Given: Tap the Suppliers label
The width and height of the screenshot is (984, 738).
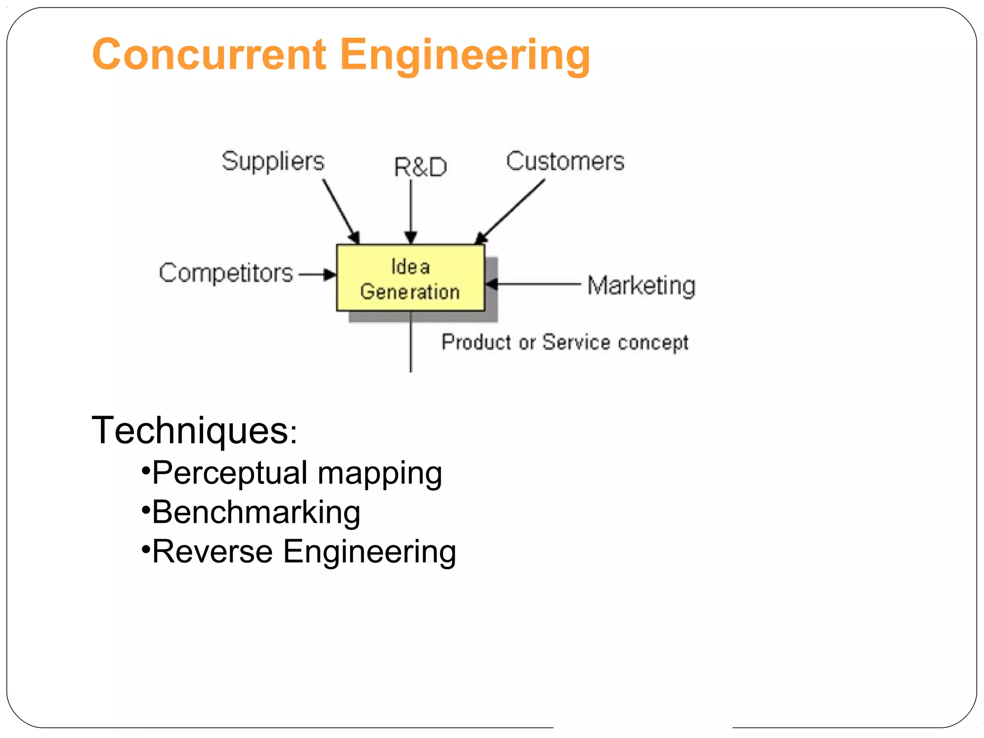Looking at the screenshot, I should [273, 161].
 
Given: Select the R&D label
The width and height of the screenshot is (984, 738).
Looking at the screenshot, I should [420, 167].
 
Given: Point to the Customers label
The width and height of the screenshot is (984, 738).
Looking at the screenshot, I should [565, 161].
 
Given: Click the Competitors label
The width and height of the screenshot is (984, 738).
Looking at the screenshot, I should [226, 273].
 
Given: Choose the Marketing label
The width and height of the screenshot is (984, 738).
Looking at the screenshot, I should [641, 285].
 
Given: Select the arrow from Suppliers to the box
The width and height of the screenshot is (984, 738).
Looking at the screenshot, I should [341, 211].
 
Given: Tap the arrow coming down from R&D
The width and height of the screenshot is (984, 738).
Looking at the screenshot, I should [410, 211].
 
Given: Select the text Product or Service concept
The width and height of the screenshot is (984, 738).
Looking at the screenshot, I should [565, 343].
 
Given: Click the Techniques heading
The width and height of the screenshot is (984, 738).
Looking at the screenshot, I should [194, 430].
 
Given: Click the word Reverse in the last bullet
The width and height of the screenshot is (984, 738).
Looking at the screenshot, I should [212, 552].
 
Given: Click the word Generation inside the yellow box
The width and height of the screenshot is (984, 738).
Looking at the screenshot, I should [410, 292].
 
